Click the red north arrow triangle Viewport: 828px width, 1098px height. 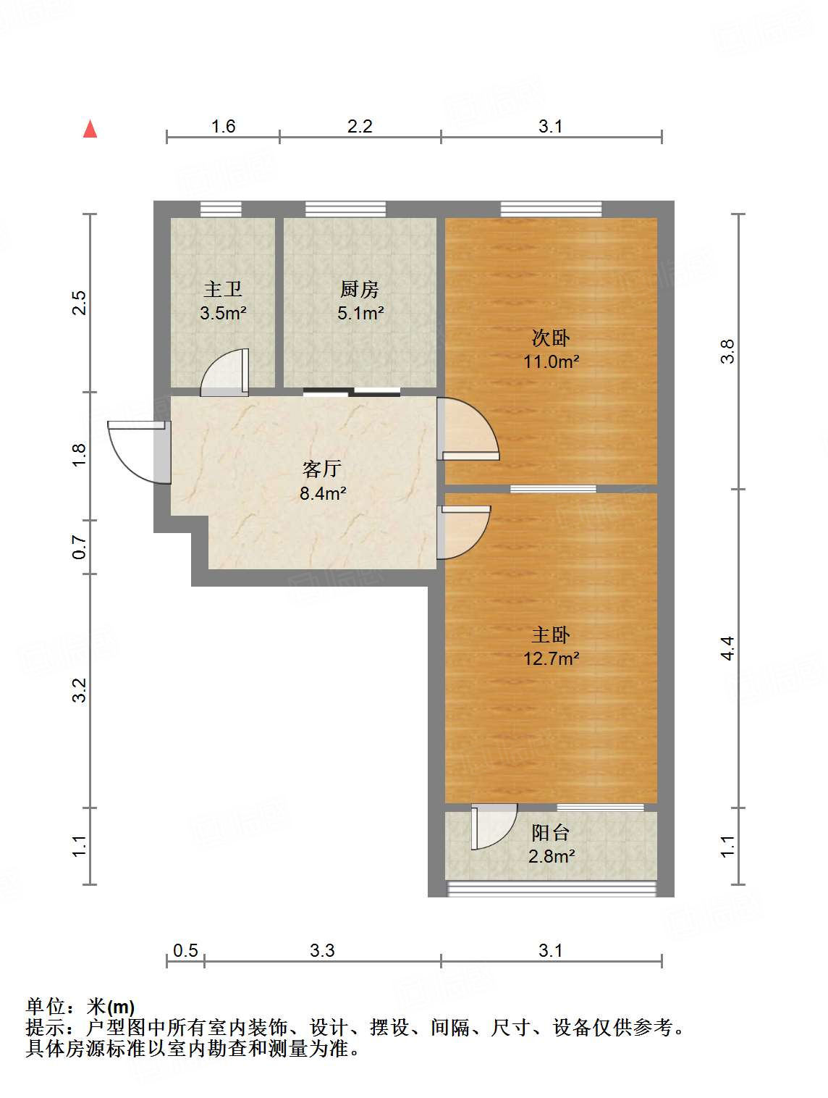(x=90, y=129)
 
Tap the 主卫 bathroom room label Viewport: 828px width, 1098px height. (x=222, y=290)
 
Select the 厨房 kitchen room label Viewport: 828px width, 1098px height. (x=360, y=290)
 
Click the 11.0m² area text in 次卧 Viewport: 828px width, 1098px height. (x=551, y=361)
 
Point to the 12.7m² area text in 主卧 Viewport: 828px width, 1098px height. (x=551, y=658)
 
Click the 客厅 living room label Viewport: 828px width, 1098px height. (x=322, y=469)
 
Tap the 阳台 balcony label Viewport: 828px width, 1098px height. (x=551, y=833)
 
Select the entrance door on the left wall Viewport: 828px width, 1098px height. (x=140, y=450)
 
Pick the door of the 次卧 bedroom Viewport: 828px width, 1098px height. (x=468, y=430)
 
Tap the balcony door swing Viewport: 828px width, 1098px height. (x=492, y=826)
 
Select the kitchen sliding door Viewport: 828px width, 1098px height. (x=352, y=392)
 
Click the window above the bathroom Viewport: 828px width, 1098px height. (x=221, y=209)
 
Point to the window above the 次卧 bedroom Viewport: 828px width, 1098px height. (x=551, y=209)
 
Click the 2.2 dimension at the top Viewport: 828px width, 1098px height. (x=360, y=127)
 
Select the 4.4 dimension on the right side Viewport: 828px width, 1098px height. (x=727, y=648)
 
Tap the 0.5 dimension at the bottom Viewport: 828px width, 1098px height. (x=185, y=950)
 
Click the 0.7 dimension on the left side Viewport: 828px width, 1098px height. (x=80, y=547)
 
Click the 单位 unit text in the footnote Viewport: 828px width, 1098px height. (x=45, y=1007)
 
